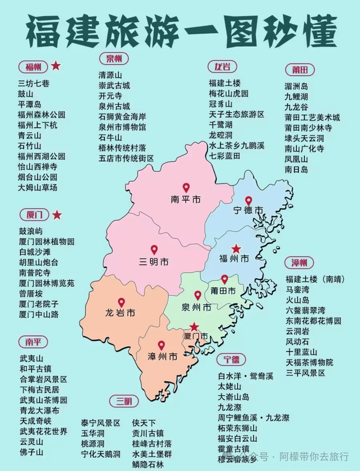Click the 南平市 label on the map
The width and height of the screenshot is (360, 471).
[186, 199]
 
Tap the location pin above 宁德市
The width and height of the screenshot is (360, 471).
[248, 201]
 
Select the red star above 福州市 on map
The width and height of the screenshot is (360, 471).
[236, 249]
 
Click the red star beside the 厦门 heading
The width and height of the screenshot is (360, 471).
[57, 215]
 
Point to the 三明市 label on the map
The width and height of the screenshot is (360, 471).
[154, 262]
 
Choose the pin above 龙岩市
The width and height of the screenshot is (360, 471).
[121, 303]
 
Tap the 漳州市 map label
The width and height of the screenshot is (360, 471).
[162, 357]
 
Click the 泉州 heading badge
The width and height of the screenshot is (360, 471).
[114, 59]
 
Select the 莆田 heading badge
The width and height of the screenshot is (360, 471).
[300, 70]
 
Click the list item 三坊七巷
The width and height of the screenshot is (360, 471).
[34, 83]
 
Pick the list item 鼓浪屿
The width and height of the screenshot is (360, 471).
[31, 231]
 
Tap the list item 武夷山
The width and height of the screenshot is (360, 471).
[31, 359]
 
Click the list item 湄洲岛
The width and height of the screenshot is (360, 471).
[296, 86]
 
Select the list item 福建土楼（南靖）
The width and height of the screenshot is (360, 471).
[315, 279]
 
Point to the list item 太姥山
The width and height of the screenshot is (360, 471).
[229, 387]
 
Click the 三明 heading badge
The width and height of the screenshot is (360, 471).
[124, 401]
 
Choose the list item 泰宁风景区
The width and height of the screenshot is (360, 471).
[100, 423]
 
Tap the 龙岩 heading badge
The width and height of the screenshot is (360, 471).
[222, 66]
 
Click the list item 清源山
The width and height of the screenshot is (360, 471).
[110, 75]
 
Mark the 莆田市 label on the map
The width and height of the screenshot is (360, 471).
[223, 291]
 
